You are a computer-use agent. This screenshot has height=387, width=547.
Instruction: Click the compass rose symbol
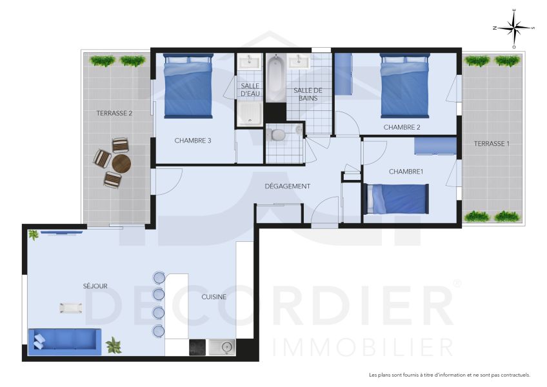(x=514, y=28)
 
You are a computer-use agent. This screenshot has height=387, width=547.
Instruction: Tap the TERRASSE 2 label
(x=114, y=113)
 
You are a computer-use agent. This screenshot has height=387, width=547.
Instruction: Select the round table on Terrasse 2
(x=121, y=163)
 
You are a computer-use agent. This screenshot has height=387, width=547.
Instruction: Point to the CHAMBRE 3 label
(x=193, y=141)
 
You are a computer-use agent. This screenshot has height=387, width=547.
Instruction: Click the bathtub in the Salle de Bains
(x=275, y=80)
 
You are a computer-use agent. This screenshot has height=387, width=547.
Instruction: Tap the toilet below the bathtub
(x=278, y=134)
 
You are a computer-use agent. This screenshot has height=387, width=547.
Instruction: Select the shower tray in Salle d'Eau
(x=248, y=115)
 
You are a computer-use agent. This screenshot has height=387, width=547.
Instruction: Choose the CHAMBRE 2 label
(x=402, y=127)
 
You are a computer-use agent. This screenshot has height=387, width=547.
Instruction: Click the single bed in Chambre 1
(x=395, y=199)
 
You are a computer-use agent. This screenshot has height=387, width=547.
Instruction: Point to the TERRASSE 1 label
(x=492, y=143)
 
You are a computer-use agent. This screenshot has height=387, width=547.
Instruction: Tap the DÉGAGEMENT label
(x=288, y=186)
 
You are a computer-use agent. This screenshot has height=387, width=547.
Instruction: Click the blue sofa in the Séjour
(x=64, y=340)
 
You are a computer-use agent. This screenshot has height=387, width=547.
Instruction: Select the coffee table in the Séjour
(x=71, y=308)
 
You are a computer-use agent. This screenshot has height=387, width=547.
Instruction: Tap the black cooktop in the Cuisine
(x=197, y=348)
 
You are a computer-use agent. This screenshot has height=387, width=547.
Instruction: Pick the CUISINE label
(x=214, y=297)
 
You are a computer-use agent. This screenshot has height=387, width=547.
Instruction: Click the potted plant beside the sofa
(x=114, y=344)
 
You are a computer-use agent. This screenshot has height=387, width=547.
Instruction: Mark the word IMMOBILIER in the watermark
(x=363, y=347)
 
